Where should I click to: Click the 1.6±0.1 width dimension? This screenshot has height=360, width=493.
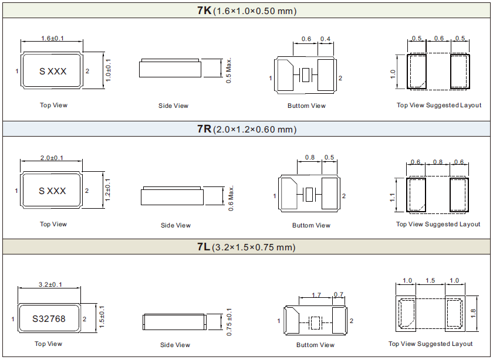tap(52, 39)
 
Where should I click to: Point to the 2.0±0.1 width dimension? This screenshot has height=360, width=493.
tap(52, 158)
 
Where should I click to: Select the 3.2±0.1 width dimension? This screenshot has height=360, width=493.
tap(49, 284)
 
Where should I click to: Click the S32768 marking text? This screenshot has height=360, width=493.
tap(49, 319)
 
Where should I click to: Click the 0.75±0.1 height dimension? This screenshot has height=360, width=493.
tap(229, 322)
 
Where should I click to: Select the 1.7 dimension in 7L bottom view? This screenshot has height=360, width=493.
tap(316, 294)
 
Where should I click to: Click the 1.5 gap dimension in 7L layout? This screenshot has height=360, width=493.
tap(430, 281)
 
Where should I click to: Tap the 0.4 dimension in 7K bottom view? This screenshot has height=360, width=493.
tap(325, 39)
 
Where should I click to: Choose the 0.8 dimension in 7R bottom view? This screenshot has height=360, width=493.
tap(310, 158)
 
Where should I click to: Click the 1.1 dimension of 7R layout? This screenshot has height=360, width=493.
tap(392, 198)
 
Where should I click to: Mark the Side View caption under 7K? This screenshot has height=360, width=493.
tap(174, 106)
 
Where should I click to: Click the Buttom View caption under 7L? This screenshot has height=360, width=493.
tap(315, 345)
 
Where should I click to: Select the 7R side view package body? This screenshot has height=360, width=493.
tap(172, 196)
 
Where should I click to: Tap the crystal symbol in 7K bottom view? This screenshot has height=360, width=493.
tap(305, 75)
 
